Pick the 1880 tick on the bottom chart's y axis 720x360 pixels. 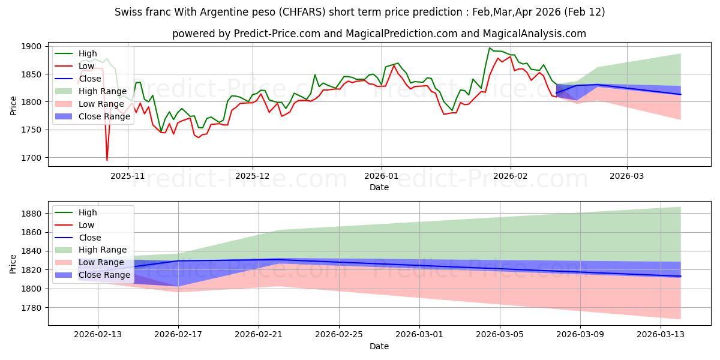(32, 214)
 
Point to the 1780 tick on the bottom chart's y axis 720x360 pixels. (32, 308)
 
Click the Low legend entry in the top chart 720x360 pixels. (87, 66)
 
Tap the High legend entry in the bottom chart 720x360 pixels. (88, 212)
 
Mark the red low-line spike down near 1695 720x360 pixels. (107, 160)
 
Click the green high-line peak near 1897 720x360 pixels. (490, 48)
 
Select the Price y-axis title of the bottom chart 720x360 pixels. (13, 264)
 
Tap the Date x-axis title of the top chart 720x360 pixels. (379, 188)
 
